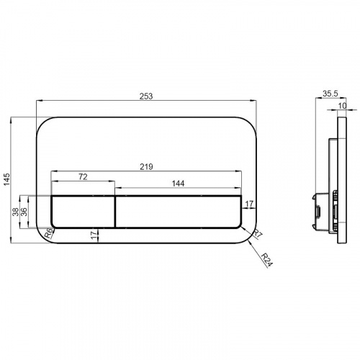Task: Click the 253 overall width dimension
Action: pyautogui.click(x=146, y=96)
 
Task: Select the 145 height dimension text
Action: pyautogui.click(x=7, y=179)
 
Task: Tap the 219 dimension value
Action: pyautogui.click(x=146, y=166)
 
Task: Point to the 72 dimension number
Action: pyautogui.click(x=83, y=177)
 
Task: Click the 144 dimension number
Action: pyautogui.click(x=178, y=184)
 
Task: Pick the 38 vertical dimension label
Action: pyautogui.click(x=16, y=212)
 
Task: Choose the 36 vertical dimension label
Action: pyautogui.click(x=24, y=212)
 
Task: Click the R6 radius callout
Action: pyautogui.click(x=49, y=233)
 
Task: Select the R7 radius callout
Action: pyautogui.click(x=256, y=233)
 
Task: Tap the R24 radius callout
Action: pyautogui.click(x=267, y=260)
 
